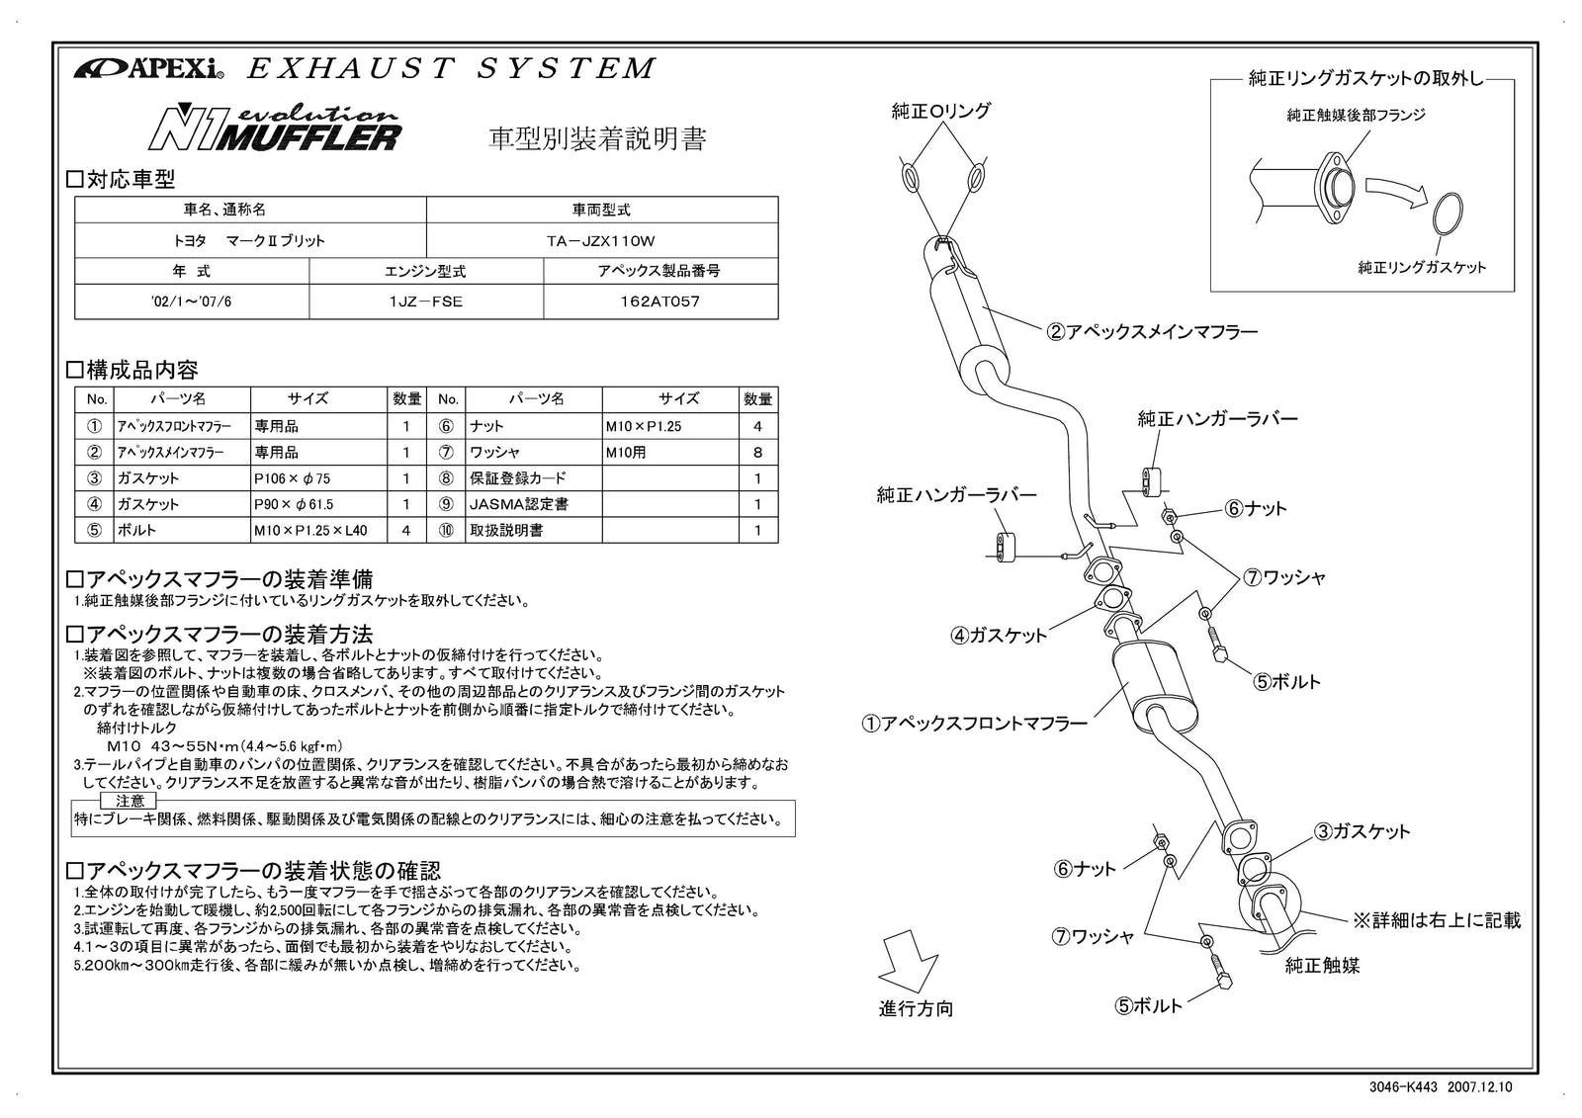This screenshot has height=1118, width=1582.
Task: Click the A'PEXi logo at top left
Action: coord(148,69)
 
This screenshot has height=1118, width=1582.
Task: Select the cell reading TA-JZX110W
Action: coord(601,240)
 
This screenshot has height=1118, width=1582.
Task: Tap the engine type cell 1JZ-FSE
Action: coord(426,301)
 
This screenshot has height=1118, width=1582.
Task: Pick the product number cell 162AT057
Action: coord(660,301)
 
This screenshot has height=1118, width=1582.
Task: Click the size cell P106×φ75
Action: coord(318,478)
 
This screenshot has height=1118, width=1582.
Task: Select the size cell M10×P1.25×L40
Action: coord(318,531)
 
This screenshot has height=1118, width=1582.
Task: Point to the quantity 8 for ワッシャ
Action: coord(758,453)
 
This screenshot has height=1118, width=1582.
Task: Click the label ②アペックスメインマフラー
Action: coord(1152,332)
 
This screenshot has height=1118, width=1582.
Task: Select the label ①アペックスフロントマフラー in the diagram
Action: coord(974,724)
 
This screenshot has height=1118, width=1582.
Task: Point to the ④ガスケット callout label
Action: coord(999,636)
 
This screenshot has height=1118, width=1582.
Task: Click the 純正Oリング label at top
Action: coord(940,112)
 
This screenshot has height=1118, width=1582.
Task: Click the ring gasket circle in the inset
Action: coord(1449,214)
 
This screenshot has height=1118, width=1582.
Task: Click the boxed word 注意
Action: coord(130,800)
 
